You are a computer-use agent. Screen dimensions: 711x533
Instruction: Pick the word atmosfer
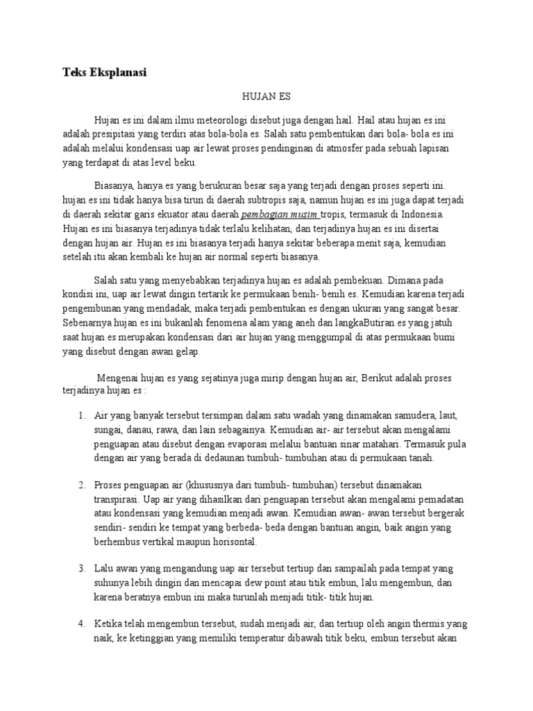point(345,148)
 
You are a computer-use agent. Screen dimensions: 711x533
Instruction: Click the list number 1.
point(81,415)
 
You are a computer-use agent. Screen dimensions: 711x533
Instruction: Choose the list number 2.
point(81,483)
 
